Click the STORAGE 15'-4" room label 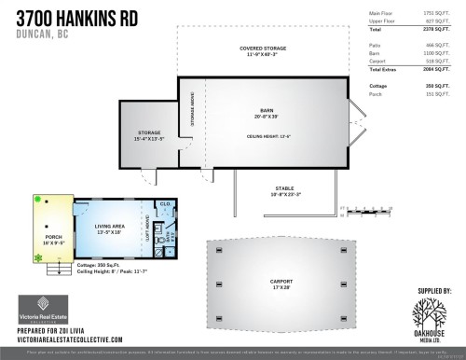tap(138, 135)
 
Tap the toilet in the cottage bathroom tap(161, 238)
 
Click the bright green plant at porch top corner tap(37, 199)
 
